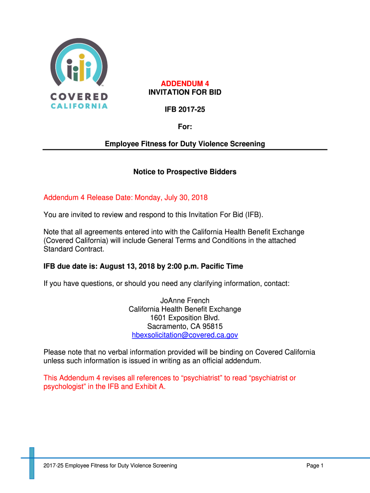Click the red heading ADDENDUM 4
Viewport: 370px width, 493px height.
[185, 84]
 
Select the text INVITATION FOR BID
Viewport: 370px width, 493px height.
[185, 92]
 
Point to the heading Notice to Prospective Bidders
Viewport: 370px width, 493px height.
[185, 172]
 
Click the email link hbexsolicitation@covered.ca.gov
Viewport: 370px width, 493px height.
[185, 335]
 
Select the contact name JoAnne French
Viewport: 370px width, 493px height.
[185, 300]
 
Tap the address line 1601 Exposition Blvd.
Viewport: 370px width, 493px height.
[185, 318]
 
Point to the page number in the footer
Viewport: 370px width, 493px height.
[315, 466]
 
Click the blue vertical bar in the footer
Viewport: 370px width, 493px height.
[32, 463]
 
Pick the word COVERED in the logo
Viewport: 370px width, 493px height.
[79, 96]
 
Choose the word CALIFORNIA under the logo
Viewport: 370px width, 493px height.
[79, 106]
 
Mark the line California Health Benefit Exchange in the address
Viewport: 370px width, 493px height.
[185, 309]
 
